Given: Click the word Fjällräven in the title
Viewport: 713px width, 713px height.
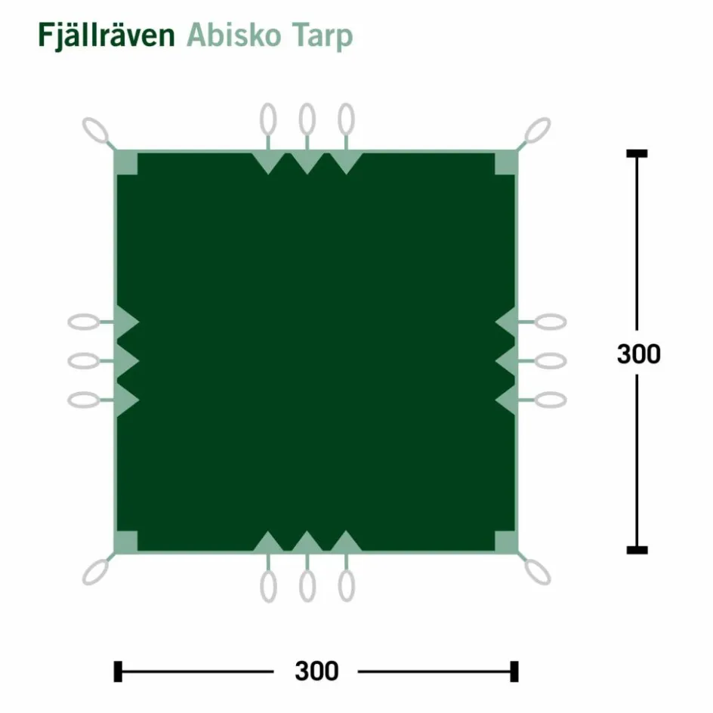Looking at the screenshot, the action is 106,35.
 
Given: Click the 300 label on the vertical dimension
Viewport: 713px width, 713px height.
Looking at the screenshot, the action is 638,353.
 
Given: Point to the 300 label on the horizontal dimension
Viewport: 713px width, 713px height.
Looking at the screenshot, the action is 316,671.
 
